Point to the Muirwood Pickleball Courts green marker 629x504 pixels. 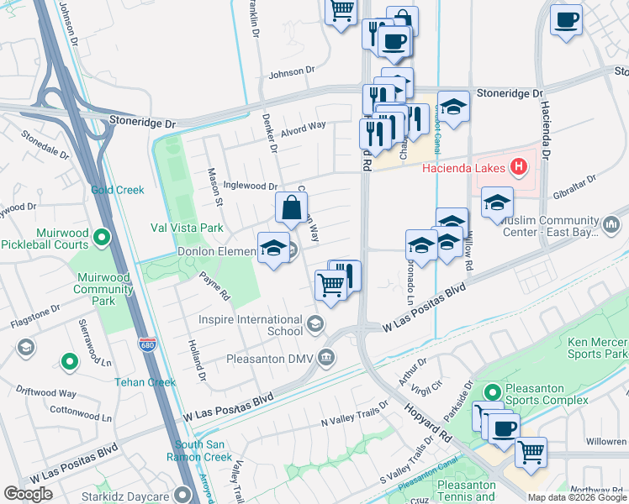[x=102, y=238]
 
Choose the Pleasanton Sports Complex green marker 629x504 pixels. [x=491, y=391]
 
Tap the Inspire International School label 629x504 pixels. [x=250, y=325]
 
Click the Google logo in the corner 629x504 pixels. [x=29, y=494]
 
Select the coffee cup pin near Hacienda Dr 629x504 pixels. [x=567, y=18]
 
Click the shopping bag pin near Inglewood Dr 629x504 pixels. [x=291, y=207]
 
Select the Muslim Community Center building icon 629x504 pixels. [x=611, y=225]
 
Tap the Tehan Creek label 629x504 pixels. [x=145, y=381]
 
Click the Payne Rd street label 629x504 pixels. [x=214, y=284]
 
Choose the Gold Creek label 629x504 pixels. [x=118, y=191]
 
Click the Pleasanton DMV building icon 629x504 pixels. [x=326, y=359]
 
